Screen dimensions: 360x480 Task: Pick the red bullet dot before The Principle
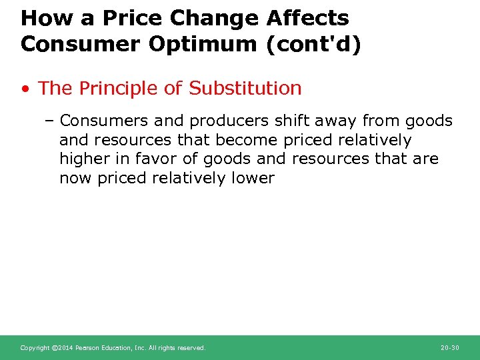coord(25,89)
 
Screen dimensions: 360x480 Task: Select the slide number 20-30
coord(450,348)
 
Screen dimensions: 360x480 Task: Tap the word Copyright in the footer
coord(34,348)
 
